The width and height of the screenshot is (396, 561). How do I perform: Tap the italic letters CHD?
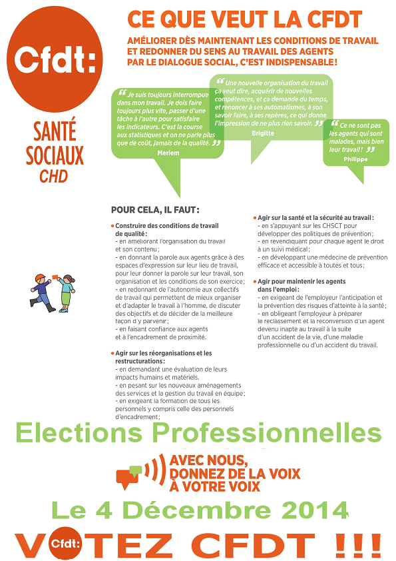54,177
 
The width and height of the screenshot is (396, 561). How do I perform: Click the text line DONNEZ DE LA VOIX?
235,473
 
